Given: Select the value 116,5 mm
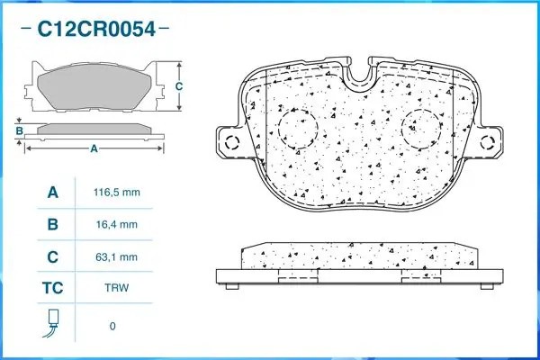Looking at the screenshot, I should point(117,193).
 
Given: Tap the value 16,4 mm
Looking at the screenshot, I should point(117,225).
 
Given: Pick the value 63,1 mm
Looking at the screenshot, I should point(117,257).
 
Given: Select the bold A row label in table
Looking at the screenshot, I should point(52,193).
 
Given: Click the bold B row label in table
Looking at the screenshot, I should point(52,225).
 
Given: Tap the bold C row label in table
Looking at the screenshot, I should point(52,257).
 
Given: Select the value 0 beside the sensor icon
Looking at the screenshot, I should point(112,325).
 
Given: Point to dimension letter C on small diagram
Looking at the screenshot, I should point(179,86).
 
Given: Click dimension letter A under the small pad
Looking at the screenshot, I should point(94,148).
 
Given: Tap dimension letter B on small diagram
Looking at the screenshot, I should point(18,131).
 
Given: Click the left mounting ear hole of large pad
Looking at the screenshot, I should point(230,141).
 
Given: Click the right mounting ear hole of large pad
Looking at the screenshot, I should point(490,141).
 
